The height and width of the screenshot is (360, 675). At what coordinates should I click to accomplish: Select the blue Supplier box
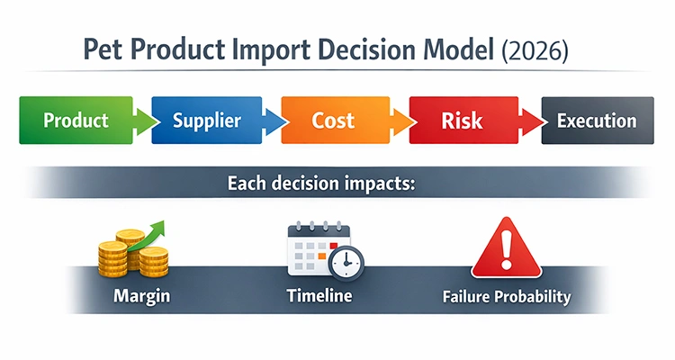pyautogui.click(x=207, y=121)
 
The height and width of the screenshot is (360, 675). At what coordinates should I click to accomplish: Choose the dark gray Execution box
pyautogui.click(x=596, y=121)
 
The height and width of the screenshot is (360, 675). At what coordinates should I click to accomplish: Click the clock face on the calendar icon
pyautogui.click(x=346, y=263)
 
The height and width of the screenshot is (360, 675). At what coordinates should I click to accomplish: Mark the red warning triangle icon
pyautogui.click(x=507, y=246)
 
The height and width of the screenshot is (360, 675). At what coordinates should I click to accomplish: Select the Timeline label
pyautogui.click(x=319, y=296)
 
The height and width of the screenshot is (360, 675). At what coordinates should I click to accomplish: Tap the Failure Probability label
pyautogui.click(x=507, y=296)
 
